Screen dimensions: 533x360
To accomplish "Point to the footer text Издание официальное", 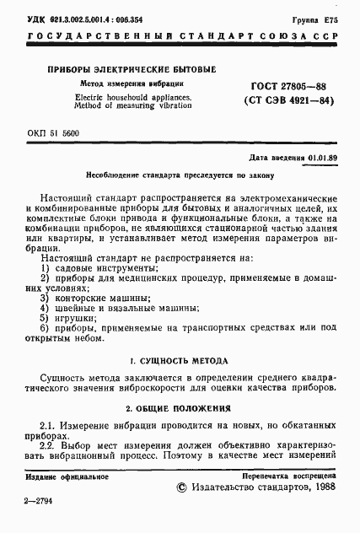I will [67, 499].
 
